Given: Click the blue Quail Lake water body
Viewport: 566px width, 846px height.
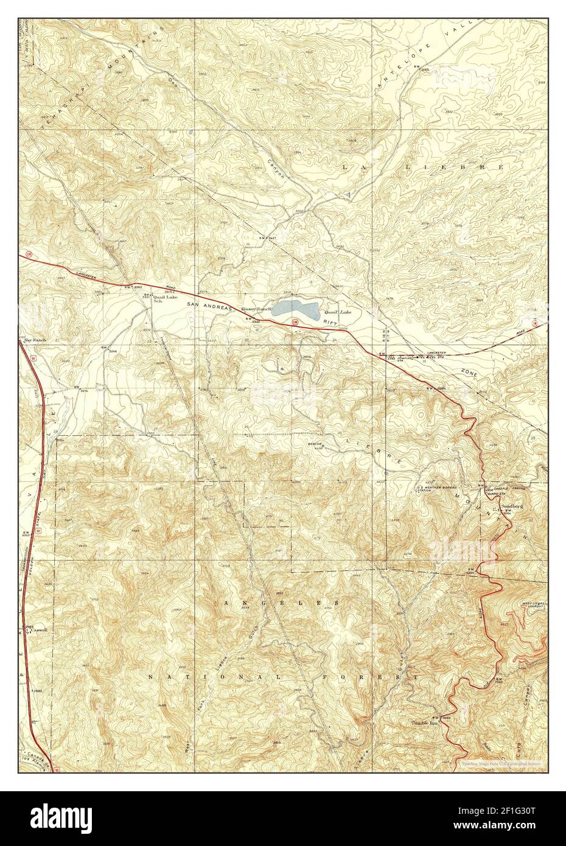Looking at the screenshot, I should [x=296, y=309].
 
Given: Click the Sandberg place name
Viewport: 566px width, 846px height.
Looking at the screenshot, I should [x=512, y=506].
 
